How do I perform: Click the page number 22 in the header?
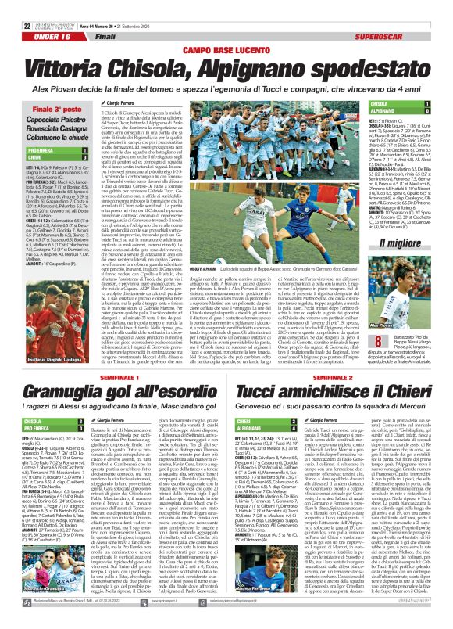point(8,6)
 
